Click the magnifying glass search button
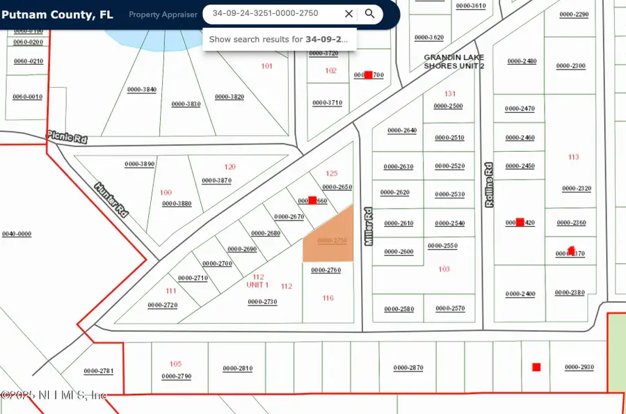370,13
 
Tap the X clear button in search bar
348,13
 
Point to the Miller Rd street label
369,226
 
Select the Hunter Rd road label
112,199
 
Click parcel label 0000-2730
262,301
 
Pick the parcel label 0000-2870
408,367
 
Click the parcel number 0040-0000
17,234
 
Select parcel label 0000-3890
139,164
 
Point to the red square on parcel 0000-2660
312,200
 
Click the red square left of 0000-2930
536,367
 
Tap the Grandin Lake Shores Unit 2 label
454,62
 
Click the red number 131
449,93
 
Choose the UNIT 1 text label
257,285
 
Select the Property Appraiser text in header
163,15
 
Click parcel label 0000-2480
522,61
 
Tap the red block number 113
573,157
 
